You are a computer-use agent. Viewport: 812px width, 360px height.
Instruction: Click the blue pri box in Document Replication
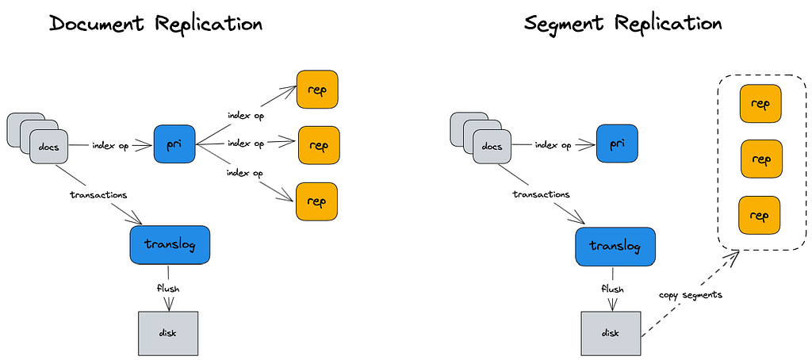174,144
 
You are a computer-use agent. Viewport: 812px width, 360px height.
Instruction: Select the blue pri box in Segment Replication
617,144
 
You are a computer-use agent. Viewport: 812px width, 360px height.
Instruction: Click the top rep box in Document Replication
317,90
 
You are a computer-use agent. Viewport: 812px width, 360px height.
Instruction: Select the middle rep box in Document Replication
318,145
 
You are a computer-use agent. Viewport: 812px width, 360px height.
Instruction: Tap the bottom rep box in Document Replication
317,201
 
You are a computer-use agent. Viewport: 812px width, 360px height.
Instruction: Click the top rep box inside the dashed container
760,105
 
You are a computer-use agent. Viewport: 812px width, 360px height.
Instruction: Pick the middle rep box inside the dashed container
760,159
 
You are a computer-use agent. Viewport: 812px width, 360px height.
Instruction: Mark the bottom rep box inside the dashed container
760,216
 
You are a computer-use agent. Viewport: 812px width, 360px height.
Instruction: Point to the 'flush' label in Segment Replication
612,289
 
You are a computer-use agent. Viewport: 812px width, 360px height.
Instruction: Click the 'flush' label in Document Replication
167,289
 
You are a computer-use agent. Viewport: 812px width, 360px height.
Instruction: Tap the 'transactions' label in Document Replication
99,193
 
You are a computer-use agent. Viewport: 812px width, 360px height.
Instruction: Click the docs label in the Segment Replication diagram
492,147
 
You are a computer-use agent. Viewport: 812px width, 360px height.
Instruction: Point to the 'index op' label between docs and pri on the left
110,145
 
